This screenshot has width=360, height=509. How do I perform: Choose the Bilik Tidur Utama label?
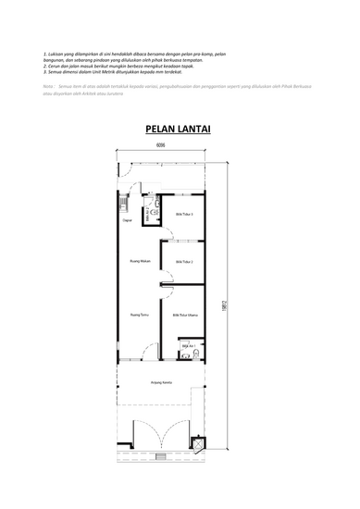(186, 315)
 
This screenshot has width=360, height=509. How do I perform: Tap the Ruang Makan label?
(140, 262)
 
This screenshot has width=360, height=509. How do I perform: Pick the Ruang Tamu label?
(140, 315)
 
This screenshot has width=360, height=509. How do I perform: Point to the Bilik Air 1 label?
(186, 344)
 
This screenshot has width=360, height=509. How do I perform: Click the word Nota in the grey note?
(48, 84)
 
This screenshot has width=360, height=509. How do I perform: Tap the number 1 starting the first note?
(44, 55)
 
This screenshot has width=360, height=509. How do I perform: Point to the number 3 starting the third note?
(44, 71)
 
